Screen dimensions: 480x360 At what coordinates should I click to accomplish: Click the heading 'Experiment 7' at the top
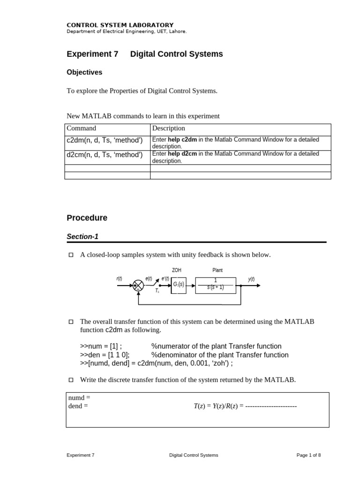(x=92, y=54)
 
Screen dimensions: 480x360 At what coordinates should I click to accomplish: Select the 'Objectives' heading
(x=84, y=72)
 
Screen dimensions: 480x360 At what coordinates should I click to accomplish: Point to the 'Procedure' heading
(x=87, y=218)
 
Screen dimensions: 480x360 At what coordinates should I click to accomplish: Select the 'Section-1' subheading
(x=82, y=237)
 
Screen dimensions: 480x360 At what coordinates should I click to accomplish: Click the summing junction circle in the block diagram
(x=138, y=285)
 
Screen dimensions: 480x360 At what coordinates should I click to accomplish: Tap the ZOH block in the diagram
(x=179, y=285)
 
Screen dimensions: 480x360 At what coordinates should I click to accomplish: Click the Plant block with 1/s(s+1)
(x=215, y=285)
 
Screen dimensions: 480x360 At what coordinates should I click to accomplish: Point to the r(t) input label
(x=119, y=279)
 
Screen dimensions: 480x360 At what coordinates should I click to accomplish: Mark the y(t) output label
(x=251, y=279)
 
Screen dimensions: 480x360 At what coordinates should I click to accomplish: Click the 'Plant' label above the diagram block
(x=217, y=270)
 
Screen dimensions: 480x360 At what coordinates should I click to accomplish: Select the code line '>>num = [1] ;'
(x=101, y=346)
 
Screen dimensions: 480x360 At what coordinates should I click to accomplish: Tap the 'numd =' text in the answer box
(x=79, y=398)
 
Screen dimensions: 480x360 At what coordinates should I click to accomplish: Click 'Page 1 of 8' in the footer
(x=308, y=455)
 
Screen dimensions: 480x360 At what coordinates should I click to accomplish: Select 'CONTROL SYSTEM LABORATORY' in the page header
(x=120, y=25)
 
